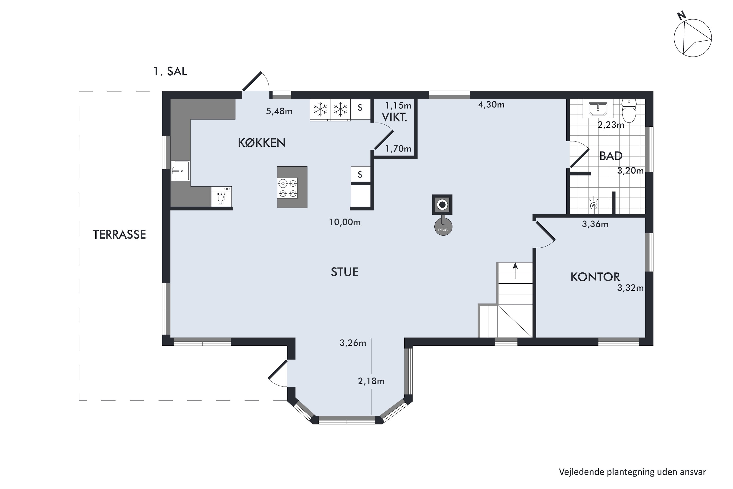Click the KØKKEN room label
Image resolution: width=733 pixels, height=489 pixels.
261,143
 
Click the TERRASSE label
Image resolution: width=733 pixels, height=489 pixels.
119,234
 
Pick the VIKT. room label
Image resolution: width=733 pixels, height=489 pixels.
394,117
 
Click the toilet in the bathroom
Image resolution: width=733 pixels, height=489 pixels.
629,111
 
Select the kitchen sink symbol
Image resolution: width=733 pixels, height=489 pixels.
180,171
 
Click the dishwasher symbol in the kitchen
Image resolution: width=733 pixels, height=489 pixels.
221,197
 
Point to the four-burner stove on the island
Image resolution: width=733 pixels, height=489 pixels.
288,188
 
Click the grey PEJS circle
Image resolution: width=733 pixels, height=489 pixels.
443,227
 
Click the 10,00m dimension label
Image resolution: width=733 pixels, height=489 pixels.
345,222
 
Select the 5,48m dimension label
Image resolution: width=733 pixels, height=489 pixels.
279,111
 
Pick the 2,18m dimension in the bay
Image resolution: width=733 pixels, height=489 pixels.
371,381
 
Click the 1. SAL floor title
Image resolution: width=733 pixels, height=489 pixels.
170,71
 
